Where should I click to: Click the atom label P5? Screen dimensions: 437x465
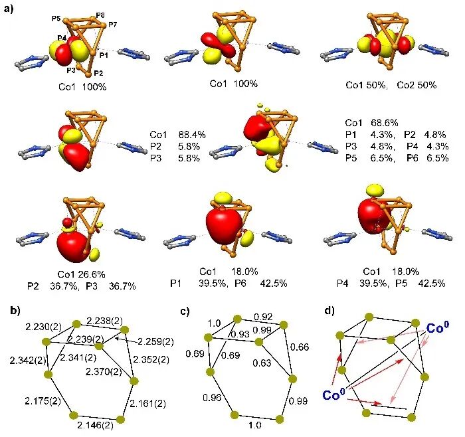click(x=56, y=18)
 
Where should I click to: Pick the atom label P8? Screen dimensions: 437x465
click(x=100, y=15)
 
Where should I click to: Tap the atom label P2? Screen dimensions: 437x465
click(x=98, y=73)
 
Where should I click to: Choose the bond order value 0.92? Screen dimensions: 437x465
click(x=264, y=317)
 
